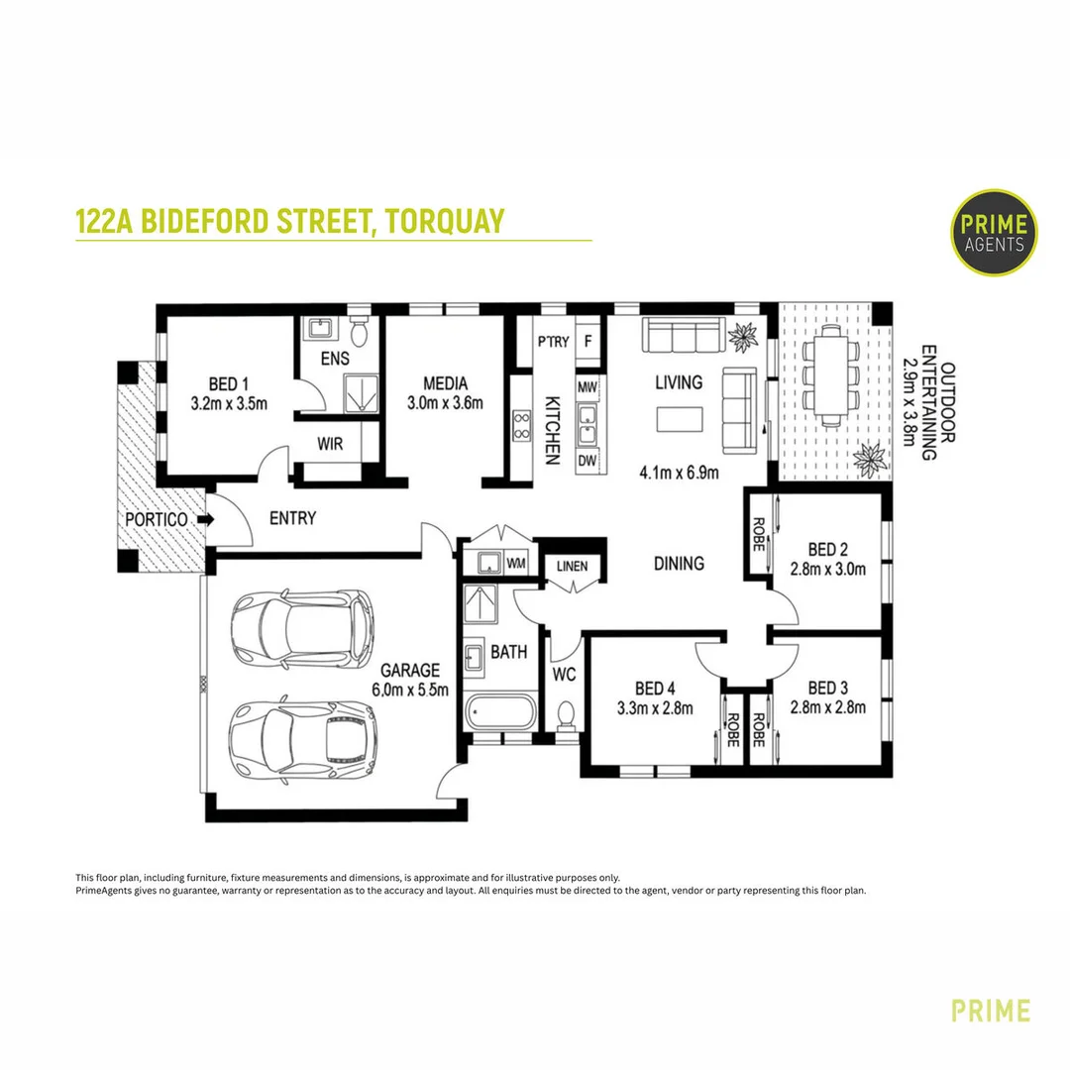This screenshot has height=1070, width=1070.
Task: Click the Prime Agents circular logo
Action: pyautogui.click(x=994, y=233)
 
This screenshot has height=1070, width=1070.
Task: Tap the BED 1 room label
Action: pyautogui.click(x=229, y=384)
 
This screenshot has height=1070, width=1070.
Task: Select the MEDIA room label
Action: pyautogui.click(x=445, y=383)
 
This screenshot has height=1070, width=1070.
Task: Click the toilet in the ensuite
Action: pyautogui.click(x=359, y=332)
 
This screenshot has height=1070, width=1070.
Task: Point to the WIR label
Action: pyautogui.click(x=330, y=444)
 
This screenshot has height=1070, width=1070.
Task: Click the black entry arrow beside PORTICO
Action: pyautogui.click(x=205, y=519)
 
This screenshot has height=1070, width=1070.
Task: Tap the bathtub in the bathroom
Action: pyautogui.click(x=501, y=711)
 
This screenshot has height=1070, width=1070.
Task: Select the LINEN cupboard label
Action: pyautogui.click(x=572, y=566)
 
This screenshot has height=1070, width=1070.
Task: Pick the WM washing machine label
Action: pyautogui.click(x=516, y=564)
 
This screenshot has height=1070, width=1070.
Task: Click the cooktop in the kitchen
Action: pyautogui.click(x=522, y=425)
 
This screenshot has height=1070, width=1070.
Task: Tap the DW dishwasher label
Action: pyautogui.click(x=587, y=461)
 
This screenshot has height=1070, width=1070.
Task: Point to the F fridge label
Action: pyautogui.click(x=588, y=341)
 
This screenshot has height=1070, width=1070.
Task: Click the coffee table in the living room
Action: pyautogui.click(x=680, y=419)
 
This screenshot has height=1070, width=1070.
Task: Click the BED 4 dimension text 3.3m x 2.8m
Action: pyautogui.click(x=655, y=708)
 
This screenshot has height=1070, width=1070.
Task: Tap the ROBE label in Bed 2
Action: pyautogui.click(x=758, y=534)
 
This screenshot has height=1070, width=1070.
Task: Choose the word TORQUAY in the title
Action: pyautogui.click(x=445, y=221)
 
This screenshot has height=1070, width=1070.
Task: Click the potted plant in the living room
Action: pyautogui.click(x=743, y=336)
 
